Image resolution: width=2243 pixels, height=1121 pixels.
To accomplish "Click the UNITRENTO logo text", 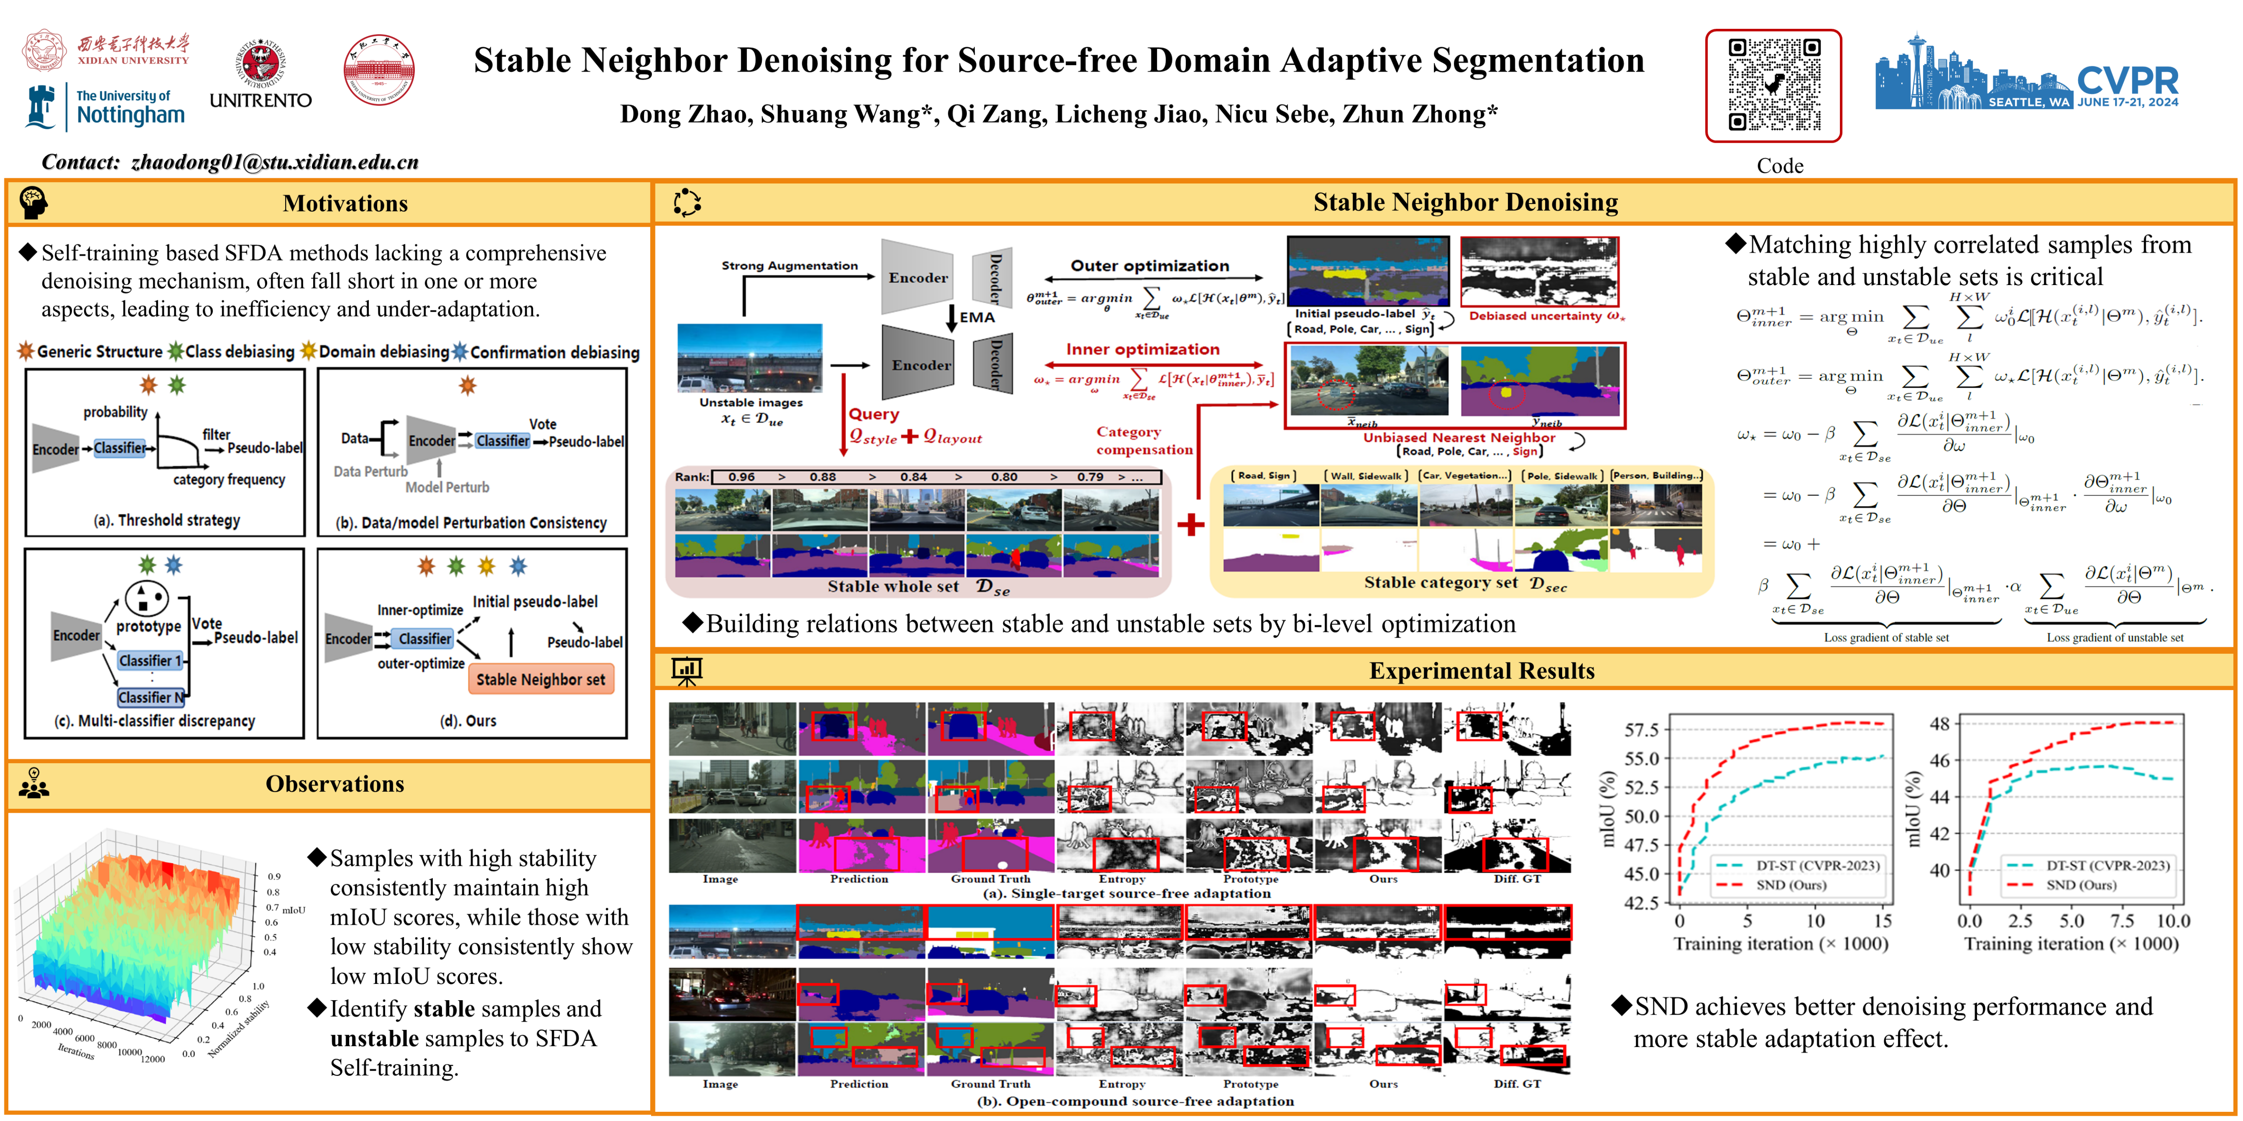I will click(x=260, y=100).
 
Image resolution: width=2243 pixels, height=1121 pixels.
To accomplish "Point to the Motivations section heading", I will click(x=345, y=204).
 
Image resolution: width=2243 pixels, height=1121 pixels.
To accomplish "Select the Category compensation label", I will click(x=1143, y=441).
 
